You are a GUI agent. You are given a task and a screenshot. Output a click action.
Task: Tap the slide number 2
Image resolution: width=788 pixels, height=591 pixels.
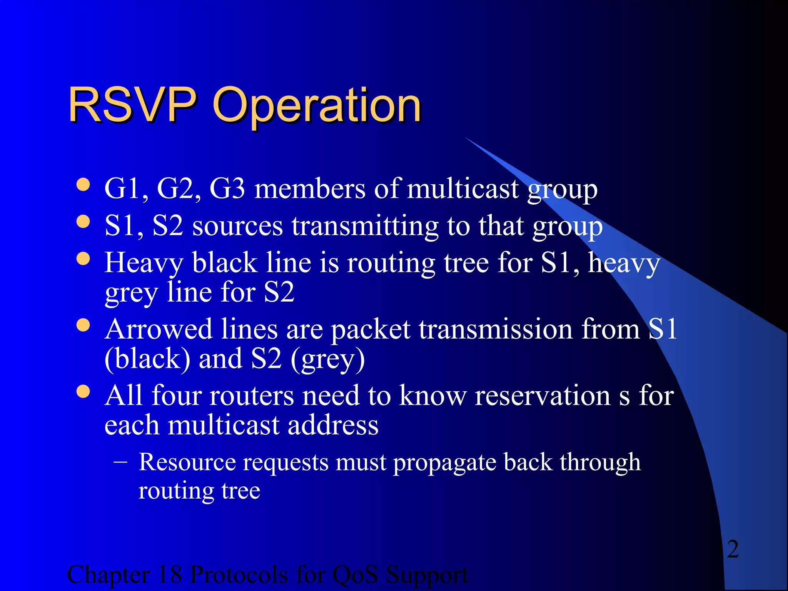click(x=733, y=549)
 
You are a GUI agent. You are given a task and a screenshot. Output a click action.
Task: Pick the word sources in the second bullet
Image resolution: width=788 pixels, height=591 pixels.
click(x=237, y=227)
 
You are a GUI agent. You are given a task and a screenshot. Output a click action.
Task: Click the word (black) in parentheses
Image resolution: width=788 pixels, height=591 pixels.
click(x=147, y=359)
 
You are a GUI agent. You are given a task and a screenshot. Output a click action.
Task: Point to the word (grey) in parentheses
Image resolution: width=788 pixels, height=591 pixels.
click(x=327, y=359)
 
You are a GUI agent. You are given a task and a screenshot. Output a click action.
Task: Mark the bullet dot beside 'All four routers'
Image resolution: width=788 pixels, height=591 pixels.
click(x=83, y=392)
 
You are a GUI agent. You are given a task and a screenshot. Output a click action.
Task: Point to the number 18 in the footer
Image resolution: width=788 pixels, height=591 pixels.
click(x=169, y=575)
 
